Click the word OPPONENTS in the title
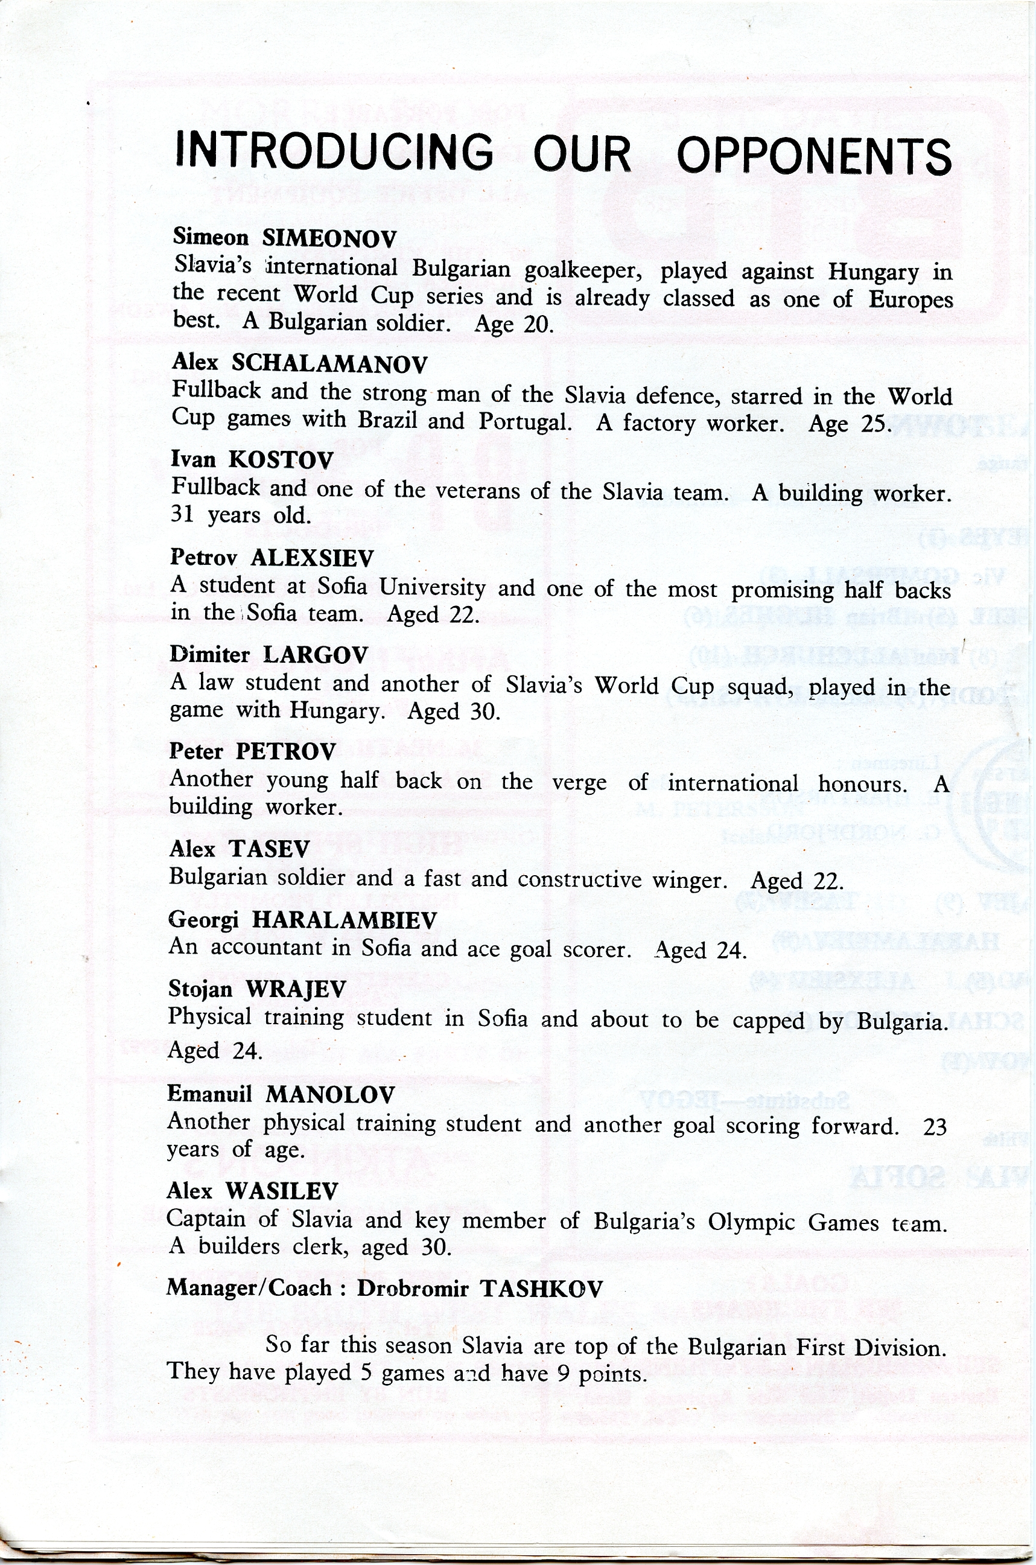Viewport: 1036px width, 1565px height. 813,156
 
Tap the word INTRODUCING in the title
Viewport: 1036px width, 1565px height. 334,151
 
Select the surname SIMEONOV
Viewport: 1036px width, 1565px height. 329,238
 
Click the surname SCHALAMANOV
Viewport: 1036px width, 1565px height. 329,363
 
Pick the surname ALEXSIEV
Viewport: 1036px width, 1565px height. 312,558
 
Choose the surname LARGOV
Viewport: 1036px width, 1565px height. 315,655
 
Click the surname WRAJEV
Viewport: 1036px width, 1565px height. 295,989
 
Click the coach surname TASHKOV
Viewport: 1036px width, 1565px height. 541,1288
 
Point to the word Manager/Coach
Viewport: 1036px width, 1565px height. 249,1287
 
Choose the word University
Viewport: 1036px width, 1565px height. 433,587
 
